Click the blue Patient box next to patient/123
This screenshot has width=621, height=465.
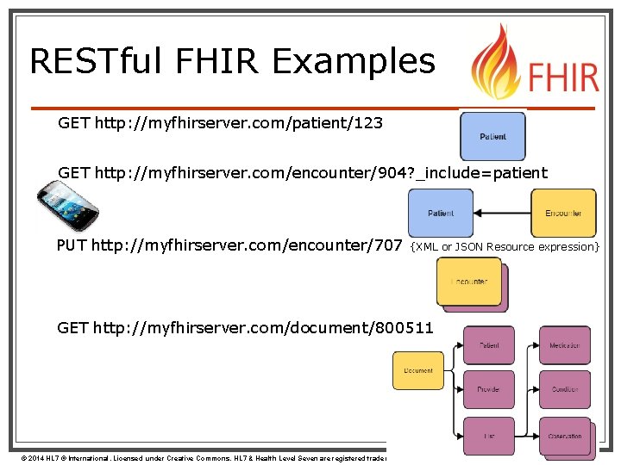click(x=492, y=136)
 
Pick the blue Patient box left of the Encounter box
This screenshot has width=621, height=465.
click(x=440, y=213)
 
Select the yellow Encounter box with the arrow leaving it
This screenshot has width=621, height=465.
click(x=563, y=213)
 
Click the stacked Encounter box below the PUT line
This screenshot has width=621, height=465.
click(x=470, y=282)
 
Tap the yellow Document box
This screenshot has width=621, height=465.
click(x=418, y=370)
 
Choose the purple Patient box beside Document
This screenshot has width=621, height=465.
click(x=488, y=345)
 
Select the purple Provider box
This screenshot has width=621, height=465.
click(x=488, y=389)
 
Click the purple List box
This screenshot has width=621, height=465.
click(x=488, y=436)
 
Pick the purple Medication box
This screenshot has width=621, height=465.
click(x=565, y=345)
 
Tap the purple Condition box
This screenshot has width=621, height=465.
click(x=565, y=389)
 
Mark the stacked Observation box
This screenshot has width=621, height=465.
click(x=565, y=436)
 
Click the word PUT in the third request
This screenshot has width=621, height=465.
click(x=72, y=246)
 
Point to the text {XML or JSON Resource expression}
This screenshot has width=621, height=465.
click(x=505, y=247)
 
